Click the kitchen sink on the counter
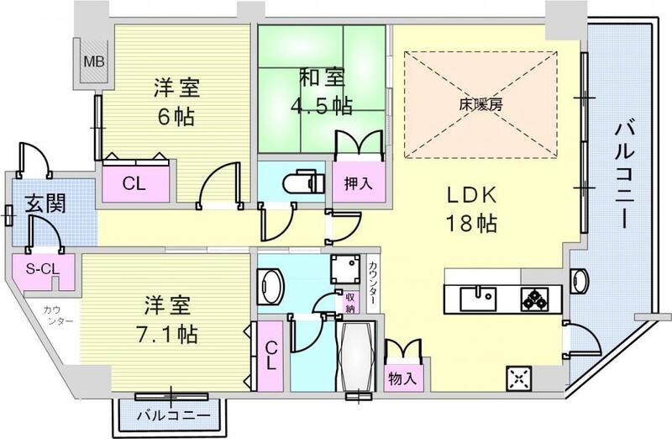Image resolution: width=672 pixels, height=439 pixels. (478, 297)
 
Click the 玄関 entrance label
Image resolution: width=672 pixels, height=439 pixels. (39, 204)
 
